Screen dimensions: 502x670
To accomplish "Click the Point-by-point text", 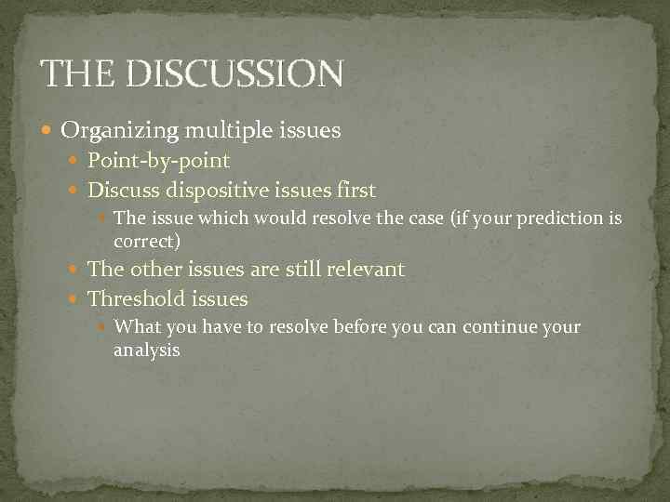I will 158,161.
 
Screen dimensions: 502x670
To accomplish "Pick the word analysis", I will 146,350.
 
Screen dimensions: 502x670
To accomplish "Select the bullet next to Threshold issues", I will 75,299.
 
